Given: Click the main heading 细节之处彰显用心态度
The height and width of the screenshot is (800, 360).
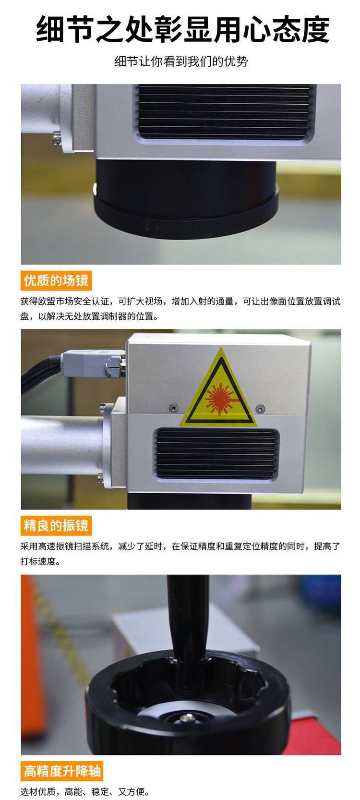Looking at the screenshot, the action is click(183, 29).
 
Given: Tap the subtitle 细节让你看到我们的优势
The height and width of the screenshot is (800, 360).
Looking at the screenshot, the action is click(181, 61).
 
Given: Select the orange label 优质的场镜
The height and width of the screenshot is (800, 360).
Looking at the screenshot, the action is click(56, 280).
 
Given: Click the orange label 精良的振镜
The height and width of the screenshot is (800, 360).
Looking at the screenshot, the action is click(56, 525).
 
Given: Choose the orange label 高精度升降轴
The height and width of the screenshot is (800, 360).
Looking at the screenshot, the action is click(62, 770).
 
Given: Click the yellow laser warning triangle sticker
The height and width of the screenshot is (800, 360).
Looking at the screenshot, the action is click(218, 389).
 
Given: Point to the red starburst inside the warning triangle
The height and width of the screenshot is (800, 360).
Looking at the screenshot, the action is click(218, 399).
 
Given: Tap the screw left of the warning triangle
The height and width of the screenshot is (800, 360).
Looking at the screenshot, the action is click(173, 407).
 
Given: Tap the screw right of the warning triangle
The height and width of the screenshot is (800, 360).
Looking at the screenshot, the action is click(260, 408).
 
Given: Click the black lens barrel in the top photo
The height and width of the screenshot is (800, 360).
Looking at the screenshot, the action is click(186, 198).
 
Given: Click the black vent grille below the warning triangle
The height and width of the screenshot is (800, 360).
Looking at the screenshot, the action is click(216, 454).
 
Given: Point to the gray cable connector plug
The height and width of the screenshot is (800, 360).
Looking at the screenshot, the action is click(92, 363).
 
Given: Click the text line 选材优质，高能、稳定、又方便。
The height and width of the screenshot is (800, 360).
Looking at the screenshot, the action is click(85, 792).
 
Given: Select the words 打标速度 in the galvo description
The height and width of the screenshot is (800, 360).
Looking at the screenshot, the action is click(38, 561).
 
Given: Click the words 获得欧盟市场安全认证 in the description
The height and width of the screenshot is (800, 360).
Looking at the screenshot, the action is click(65, 302).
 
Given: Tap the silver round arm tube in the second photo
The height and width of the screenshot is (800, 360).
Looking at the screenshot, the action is click(62, 445).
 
